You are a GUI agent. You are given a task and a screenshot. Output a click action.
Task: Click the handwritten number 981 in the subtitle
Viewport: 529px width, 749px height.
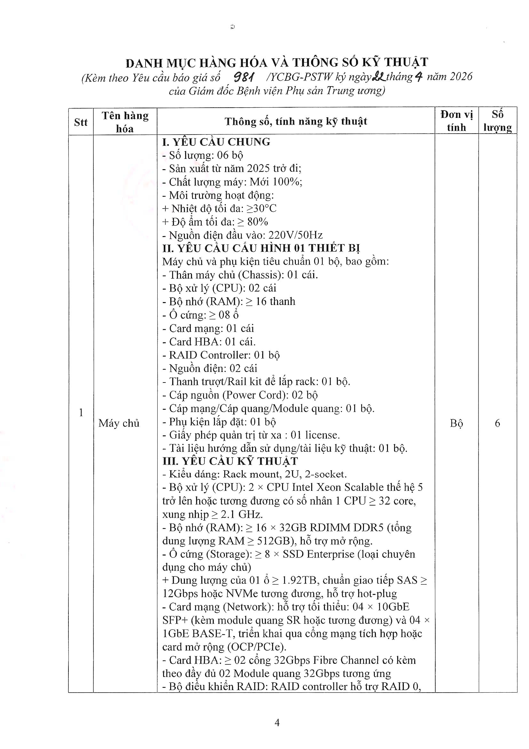(x=244, y=77)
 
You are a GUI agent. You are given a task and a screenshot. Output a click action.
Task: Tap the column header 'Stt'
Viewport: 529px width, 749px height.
(x=81, y=122)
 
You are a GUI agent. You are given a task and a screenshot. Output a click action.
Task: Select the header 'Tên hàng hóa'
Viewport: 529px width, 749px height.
(x=125, y=122)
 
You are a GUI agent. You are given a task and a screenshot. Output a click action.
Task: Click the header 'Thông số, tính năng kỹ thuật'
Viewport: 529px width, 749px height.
(x=296, y=121)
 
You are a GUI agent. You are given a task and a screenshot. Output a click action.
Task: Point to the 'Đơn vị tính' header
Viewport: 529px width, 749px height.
(x=456, y=121)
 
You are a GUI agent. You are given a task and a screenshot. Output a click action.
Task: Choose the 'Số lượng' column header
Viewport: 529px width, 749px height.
(x=497, y=121)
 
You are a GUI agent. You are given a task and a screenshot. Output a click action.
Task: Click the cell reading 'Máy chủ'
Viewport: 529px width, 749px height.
(x=119, y=423)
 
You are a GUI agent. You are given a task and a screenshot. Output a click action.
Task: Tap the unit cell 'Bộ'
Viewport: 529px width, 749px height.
(x=456, y=423)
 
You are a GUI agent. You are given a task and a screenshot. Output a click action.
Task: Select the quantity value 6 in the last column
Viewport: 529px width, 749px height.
(x=497, y=423)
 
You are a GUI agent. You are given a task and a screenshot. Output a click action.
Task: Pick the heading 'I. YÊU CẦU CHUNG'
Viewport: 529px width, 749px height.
(x=216, y=142)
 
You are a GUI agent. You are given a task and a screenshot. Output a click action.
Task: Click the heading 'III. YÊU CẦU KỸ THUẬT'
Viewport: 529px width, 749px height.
(x=230, y=461)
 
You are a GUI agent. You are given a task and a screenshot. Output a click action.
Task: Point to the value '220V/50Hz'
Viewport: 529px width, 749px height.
(x=296, y=235)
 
